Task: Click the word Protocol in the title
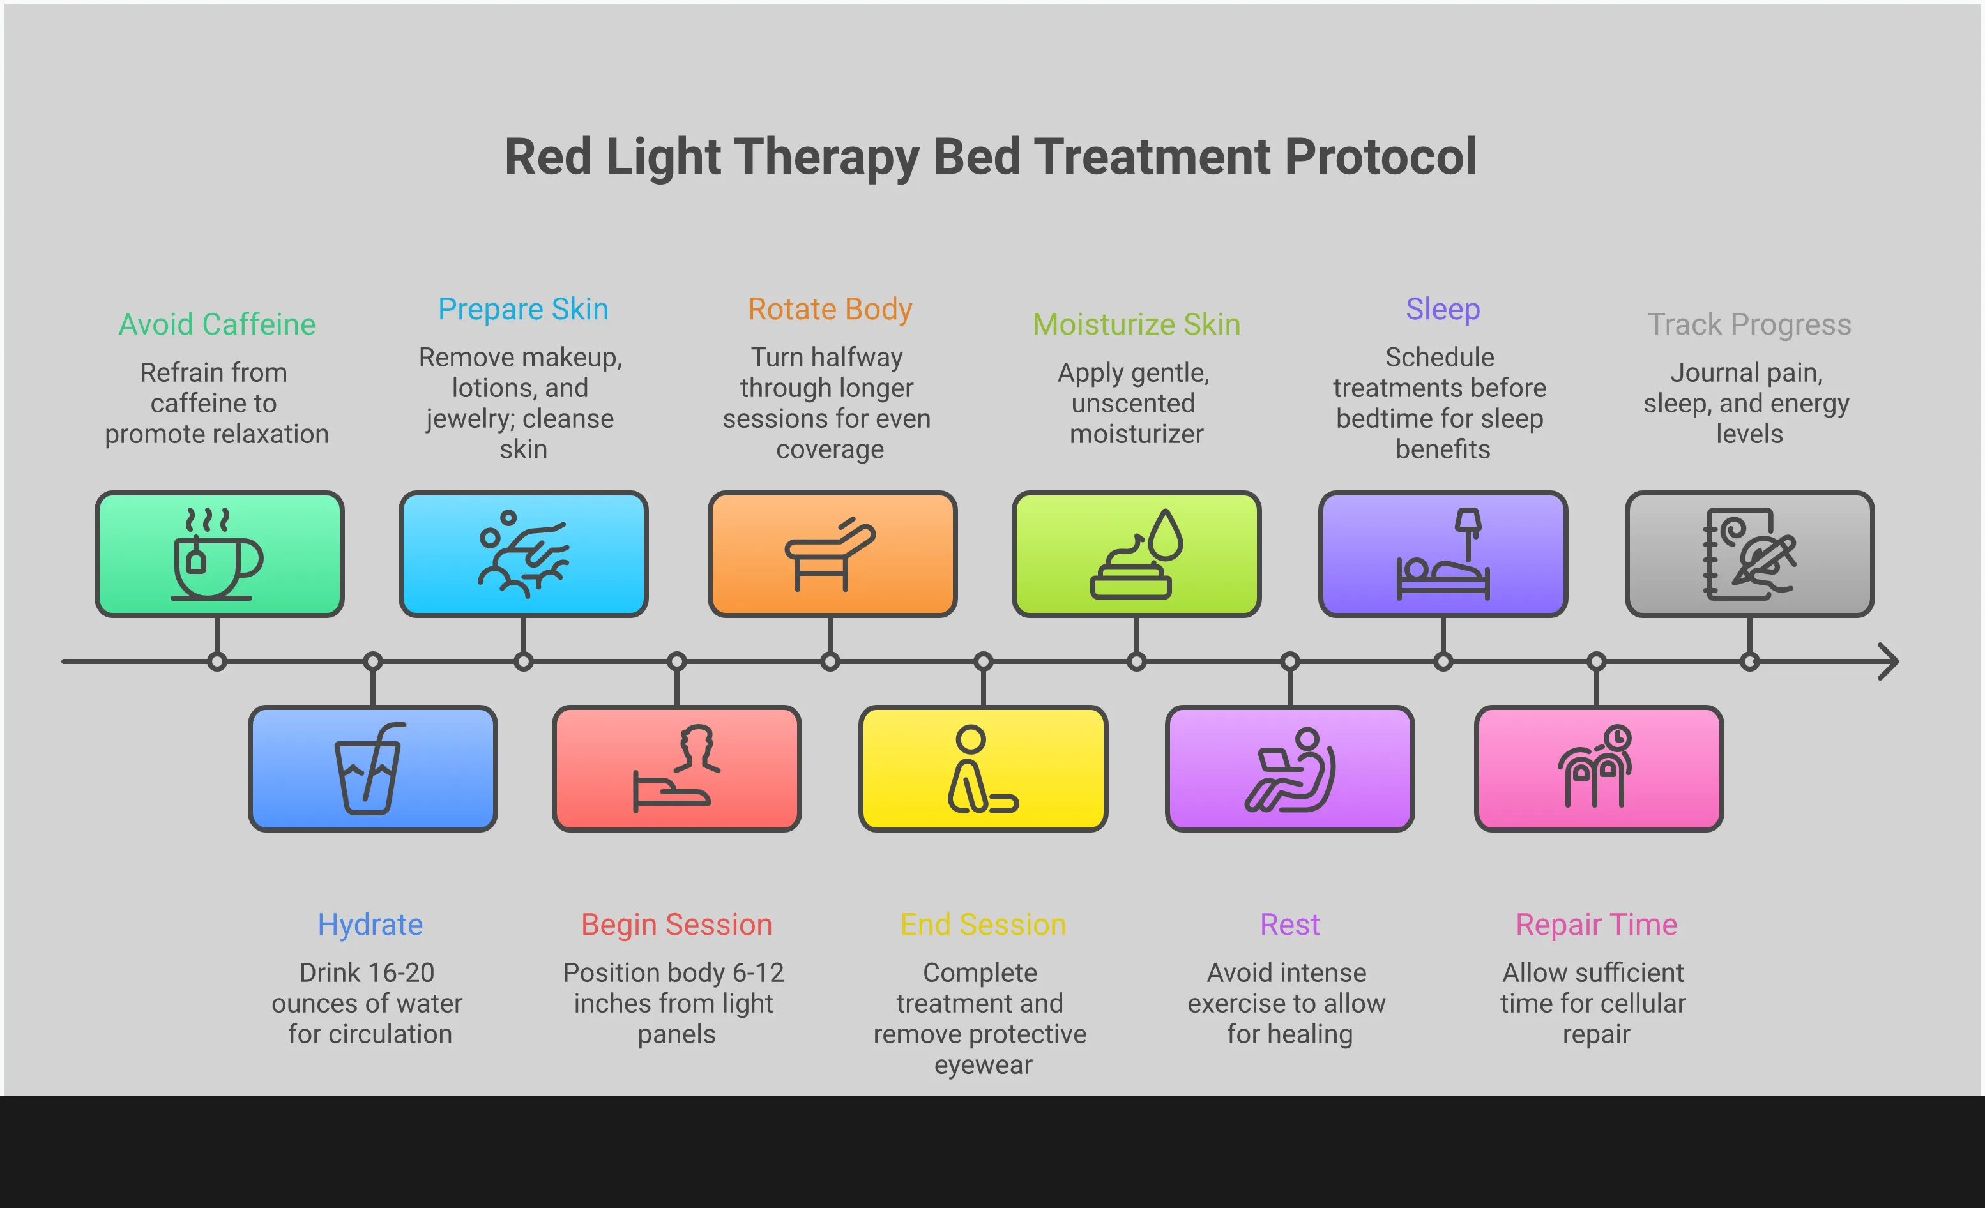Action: (x=1380, y=156)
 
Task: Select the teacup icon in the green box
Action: (x=216, y=555)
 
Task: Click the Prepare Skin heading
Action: (x=523, y=309)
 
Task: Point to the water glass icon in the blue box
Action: (x=370, y=769)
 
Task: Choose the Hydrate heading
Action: (x=370, y=925)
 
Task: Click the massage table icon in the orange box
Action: (x=830, y=555)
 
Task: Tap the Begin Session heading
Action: (x=677, y=925)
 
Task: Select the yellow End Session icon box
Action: (x=983, y=769)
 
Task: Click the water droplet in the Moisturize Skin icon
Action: (x=1166, y=535)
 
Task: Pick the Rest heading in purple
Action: (x=1289, y=925)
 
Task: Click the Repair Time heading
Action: (x=1596, y=925)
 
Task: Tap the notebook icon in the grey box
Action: (x=1748, y=555)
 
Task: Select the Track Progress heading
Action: (x=1749, y=324)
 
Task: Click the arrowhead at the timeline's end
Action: (x=1889, y=662)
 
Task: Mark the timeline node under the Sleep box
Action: (x=1443, y=662)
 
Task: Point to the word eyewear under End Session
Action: (x=983, y=1064)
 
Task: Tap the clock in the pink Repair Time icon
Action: (x=1617, y=737)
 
